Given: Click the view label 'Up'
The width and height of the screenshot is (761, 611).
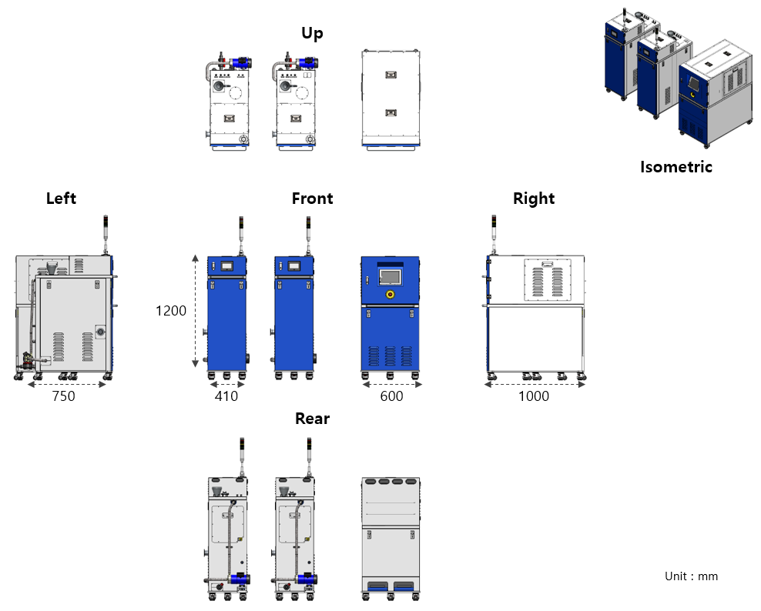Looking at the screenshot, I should pyautogui.click(x=312, y=33).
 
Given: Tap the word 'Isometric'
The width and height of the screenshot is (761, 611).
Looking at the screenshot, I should pyautogui.click(x=676, y=167).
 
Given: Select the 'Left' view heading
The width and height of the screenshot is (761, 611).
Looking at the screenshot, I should pyautogui.click(x=61, y=199).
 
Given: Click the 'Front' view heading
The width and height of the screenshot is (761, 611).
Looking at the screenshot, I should pyautogui.click(x=312, y=199).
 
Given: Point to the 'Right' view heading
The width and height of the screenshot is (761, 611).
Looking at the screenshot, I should pyautogui.click(x=534, y=199).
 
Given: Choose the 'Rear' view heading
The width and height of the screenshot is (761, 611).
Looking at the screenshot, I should pyautogui.click(x=312, y=419).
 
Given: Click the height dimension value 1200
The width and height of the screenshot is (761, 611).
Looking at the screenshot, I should pyautogui.click(x=171, y=311).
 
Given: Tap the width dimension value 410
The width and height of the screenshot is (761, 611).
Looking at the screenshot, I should pyautogui.click(x=226, y=396).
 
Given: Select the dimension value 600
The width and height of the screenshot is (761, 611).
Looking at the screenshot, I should pyautogui.click(x=391, y=396).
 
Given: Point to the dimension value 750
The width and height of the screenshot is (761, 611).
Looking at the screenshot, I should pyautogui.click(x=63, y=396).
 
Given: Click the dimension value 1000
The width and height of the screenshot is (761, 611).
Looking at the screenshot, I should pyautogui.click(x=534, y=396).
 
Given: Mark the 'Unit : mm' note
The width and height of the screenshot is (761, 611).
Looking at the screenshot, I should pyautogui.click(x=691, y=576).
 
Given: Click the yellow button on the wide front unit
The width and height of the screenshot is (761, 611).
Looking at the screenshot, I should pyautogui.click(x=390, y=294).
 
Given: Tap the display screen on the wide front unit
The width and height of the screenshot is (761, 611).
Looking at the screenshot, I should pyautogui.click(x=391, y=276).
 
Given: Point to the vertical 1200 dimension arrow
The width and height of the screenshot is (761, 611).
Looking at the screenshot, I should pyautogui.click(x=196, y=312).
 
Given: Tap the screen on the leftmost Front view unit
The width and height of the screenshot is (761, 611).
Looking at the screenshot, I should pyautogui.click(x=228, y=266).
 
